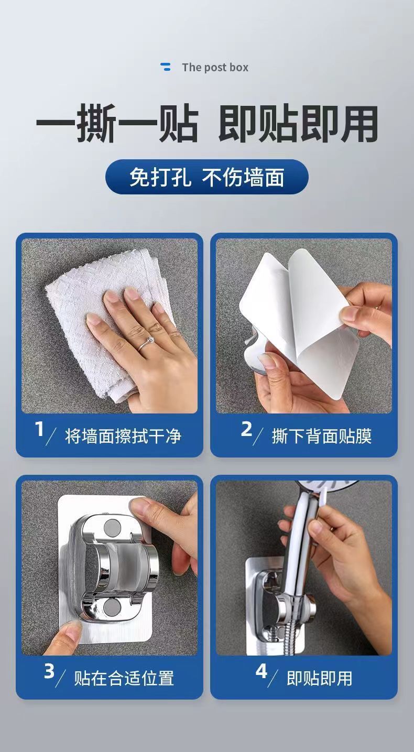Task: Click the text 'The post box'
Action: (215, 67)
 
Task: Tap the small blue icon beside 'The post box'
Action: (165, 67)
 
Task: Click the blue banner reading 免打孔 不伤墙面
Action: (207, 177)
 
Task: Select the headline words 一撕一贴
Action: (117, 123)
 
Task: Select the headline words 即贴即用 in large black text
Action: (299, 123)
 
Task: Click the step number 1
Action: (40, 429)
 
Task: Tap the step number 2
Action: (246, 429)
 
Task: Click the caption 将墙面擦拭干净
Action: (123, 436)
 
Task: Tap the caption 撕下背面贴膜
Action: (322, 436)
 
